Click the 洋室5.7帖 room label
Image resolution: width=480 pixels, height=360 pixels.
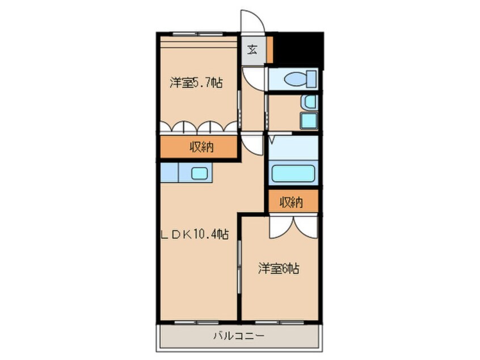pos(195,83)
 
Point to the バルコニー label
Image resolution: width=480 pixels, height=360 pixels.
pos(238,336)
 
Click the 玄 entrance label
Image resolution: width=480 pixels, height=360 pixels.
pos(252,49)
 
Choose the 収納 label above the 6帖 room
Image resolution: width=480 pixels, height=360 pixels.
pos(291,202)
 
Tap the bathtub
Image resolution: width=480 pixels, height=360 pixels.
pos(293,173)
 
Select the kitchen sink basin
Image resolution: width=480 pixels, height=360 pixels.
pos(200,174)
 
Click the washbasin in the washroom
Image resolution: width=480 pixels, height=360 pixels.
pos(309,102)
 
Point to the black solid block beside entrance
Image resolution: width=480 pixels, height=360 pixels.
pos(298,49)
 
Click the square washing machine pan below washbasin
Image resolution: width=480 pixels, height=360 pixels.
pos(309,120)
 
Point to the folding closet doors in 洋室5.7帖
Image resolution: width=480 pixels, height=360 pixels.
pos(199,127)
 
